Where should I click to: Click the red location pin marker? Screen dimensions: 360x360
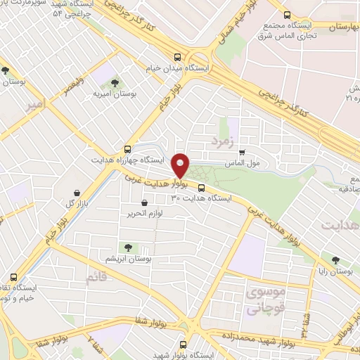[x=181, y=165]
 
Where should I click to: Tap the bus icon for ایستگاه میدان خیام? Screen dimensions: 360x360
[x=177, y=58]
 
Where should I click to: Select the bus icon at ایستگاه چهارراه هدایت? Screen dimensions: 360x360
[x=127, y=149]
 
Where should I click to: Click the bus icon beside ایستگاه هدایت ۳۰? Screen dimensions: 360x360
[x=202, y=188]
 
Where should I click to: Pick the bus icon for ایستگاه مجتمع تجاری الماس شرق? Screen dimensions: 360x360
[x=287, y=15]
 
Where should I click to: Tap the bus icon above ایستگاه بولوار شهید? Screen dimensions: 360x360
[x=184, y=345]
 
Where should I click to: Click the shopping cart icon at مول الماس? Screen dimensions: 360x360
[x=242, y=152]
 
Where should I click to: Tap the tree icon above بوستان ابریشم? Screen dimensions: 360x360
[x=128, y=247]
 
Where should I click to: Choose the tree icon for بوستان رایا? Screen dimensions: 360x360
[x=335, y=259]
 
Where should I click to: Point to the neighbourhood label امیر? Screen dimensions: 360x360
[x=37, y=105]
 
